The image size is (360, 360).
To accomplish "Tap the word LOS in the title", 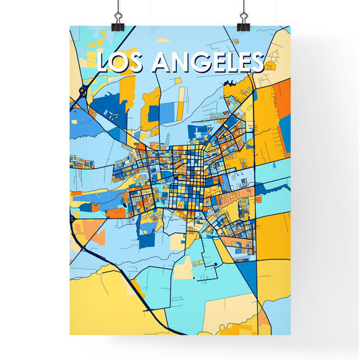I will tap(122, 62).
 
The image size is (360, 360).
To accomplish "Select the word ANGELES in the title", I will tap(208, 62).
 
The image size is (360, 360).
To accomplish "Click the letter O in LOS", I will tap(122, 62).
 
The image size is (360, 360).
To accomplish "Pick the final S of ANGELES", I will tap(255, 62).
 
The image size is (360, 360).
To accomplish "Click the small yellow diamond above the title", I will tap(162, 40).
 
